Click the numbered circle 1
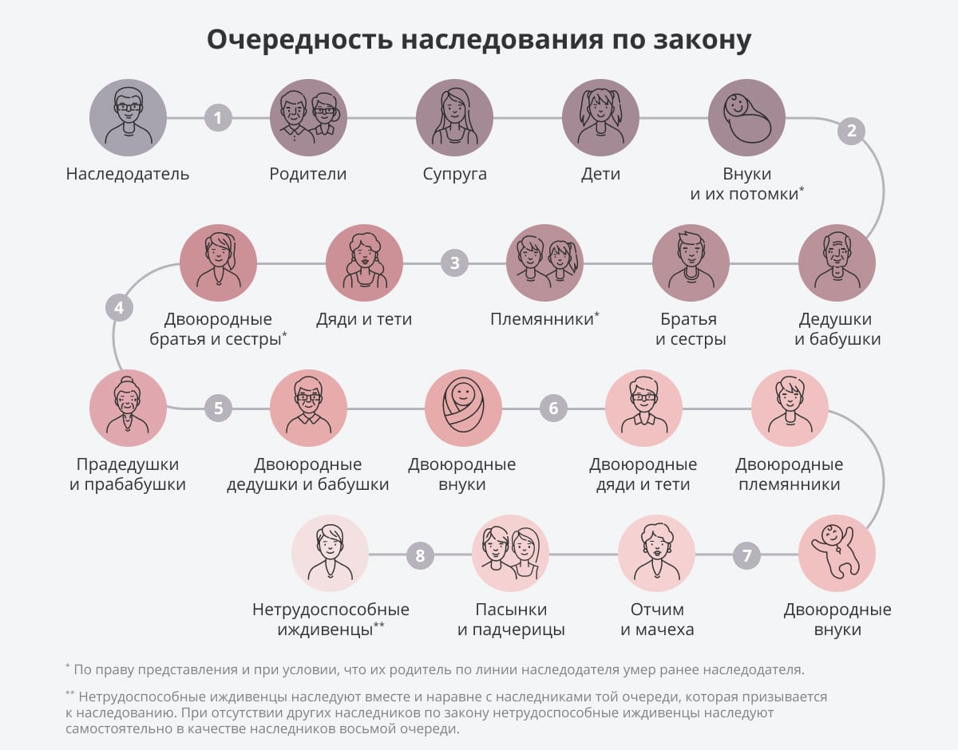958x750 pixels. point(217,118)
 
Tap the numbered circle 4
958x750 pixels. point(119,307)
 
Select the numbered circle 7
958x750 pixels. point(747,555)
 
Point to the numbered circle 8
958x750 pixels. point(420,555)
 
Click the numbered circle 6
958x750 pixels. point(553,409)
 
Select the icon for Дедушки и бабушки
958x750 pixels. point(837,262)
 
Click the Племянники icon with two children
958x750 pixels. point(545,262)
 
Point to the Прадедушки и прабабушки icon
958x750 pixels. point(128,409)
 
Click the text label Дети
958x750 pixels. point(600,174)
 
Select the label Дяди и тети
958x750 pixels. point(364,319)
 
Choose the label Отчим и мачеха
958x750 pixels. point(656,619)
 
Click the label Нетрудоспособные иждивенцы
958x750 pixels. point(331,619)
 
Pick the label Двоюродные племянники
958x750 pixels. point(789,474)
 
